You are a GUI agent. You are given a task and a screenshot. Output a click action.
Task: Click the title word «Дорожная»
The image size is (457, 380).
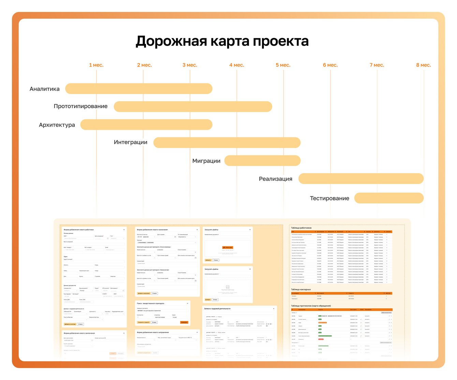point(171,41)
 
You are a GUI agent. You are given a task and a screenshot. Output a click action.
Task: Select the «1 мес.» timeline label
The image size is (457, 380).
point(96,65)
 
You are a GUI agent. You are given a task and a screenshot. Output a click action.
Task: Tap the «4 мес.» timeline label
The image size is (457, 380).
point(237,65)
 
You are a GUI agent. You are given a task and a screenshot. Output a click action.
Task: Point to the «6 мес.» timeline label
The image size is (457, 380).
point(330,65)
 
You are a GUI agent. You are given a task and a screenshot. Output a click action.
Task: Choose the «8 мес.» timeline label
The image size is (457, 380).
point(424,65)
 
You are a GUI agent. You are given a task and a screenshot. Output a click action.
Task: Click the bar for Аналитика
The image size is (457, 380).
point(139,89)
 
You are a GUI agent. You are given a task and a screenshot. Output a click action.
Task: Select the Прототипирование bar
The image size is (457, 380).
point(193,106)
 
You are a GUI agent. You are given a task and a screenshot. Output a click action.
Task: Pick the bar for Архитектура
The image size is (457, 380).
point(146,125)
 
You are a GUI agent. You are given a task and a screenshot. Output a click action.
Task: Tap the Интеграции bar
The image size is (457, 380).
point(227,142)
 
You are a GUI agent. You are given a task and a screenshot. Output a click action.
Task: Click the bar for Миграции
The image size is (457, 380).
point(262,161)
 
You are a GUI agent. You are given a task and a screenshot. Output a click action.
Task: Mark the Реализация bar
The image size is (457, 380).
point(361,179)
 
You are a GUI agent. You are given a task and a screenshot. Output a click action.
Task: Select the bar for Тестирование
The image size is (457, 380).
point(389,198)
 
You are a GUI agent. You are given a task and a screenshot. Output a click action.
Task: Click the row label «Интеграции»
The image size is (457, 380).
point(131,142)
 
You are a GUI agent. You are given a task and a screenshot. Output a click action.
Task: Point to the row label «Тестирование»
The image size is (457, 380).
point(329,198)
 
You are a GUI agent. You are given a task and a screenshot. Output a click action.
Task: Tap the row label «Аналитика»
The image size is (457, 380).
point(45,89)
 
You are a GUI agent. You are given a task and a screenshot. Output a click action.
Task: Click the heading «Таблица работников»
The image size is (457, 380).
point(301,228)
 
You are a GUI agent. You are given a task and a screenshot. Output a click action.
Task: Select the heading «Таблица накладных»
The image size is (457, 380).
point(301,289)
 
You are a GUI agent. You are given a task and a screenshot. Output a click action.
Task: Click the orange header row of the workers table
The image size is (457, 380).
point(341,232)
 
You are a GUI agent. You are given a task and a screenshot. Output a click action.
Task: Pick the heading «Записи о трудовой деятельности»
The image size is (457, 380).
point(217,309)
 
